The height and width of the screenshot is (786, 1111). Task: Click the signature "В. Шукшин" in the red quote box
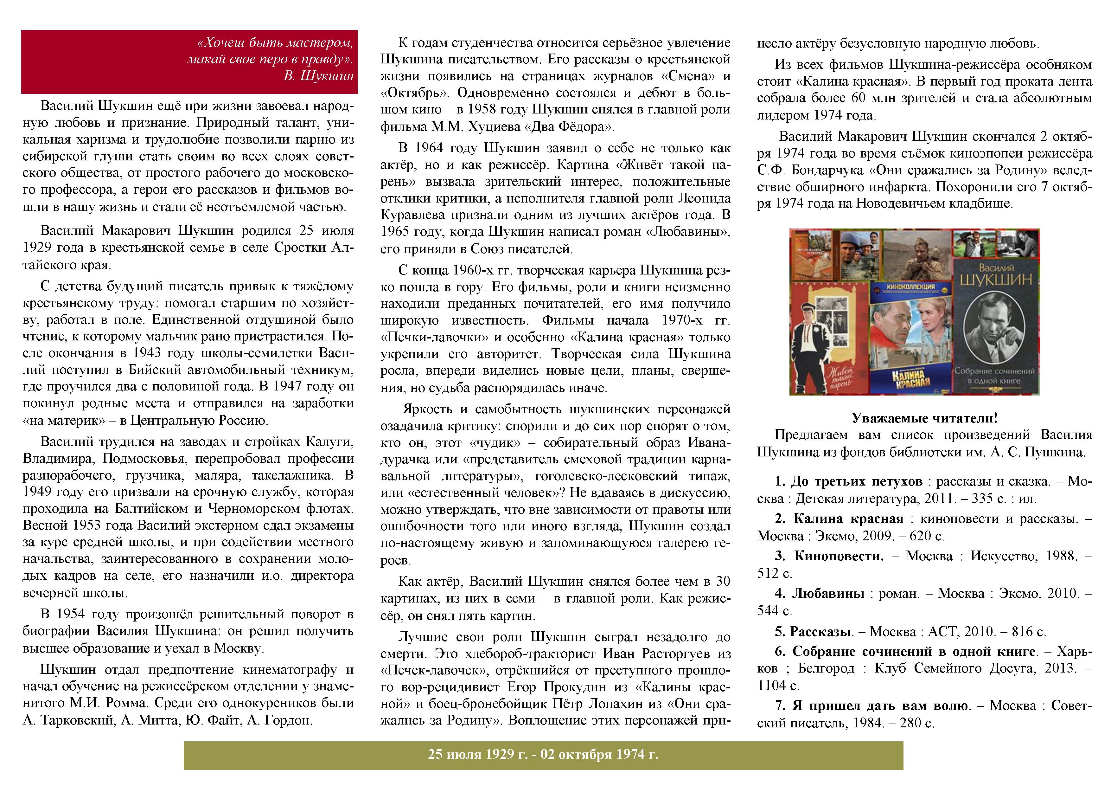pyautogui.click(x=318, y=76)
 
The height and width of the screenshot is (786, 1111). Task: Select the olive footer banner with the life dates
pyautogui.click(x=543, y=755)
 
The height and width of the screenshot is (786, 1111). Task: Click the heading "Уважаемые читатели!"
pyautogui.click(x=924, y=418)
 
